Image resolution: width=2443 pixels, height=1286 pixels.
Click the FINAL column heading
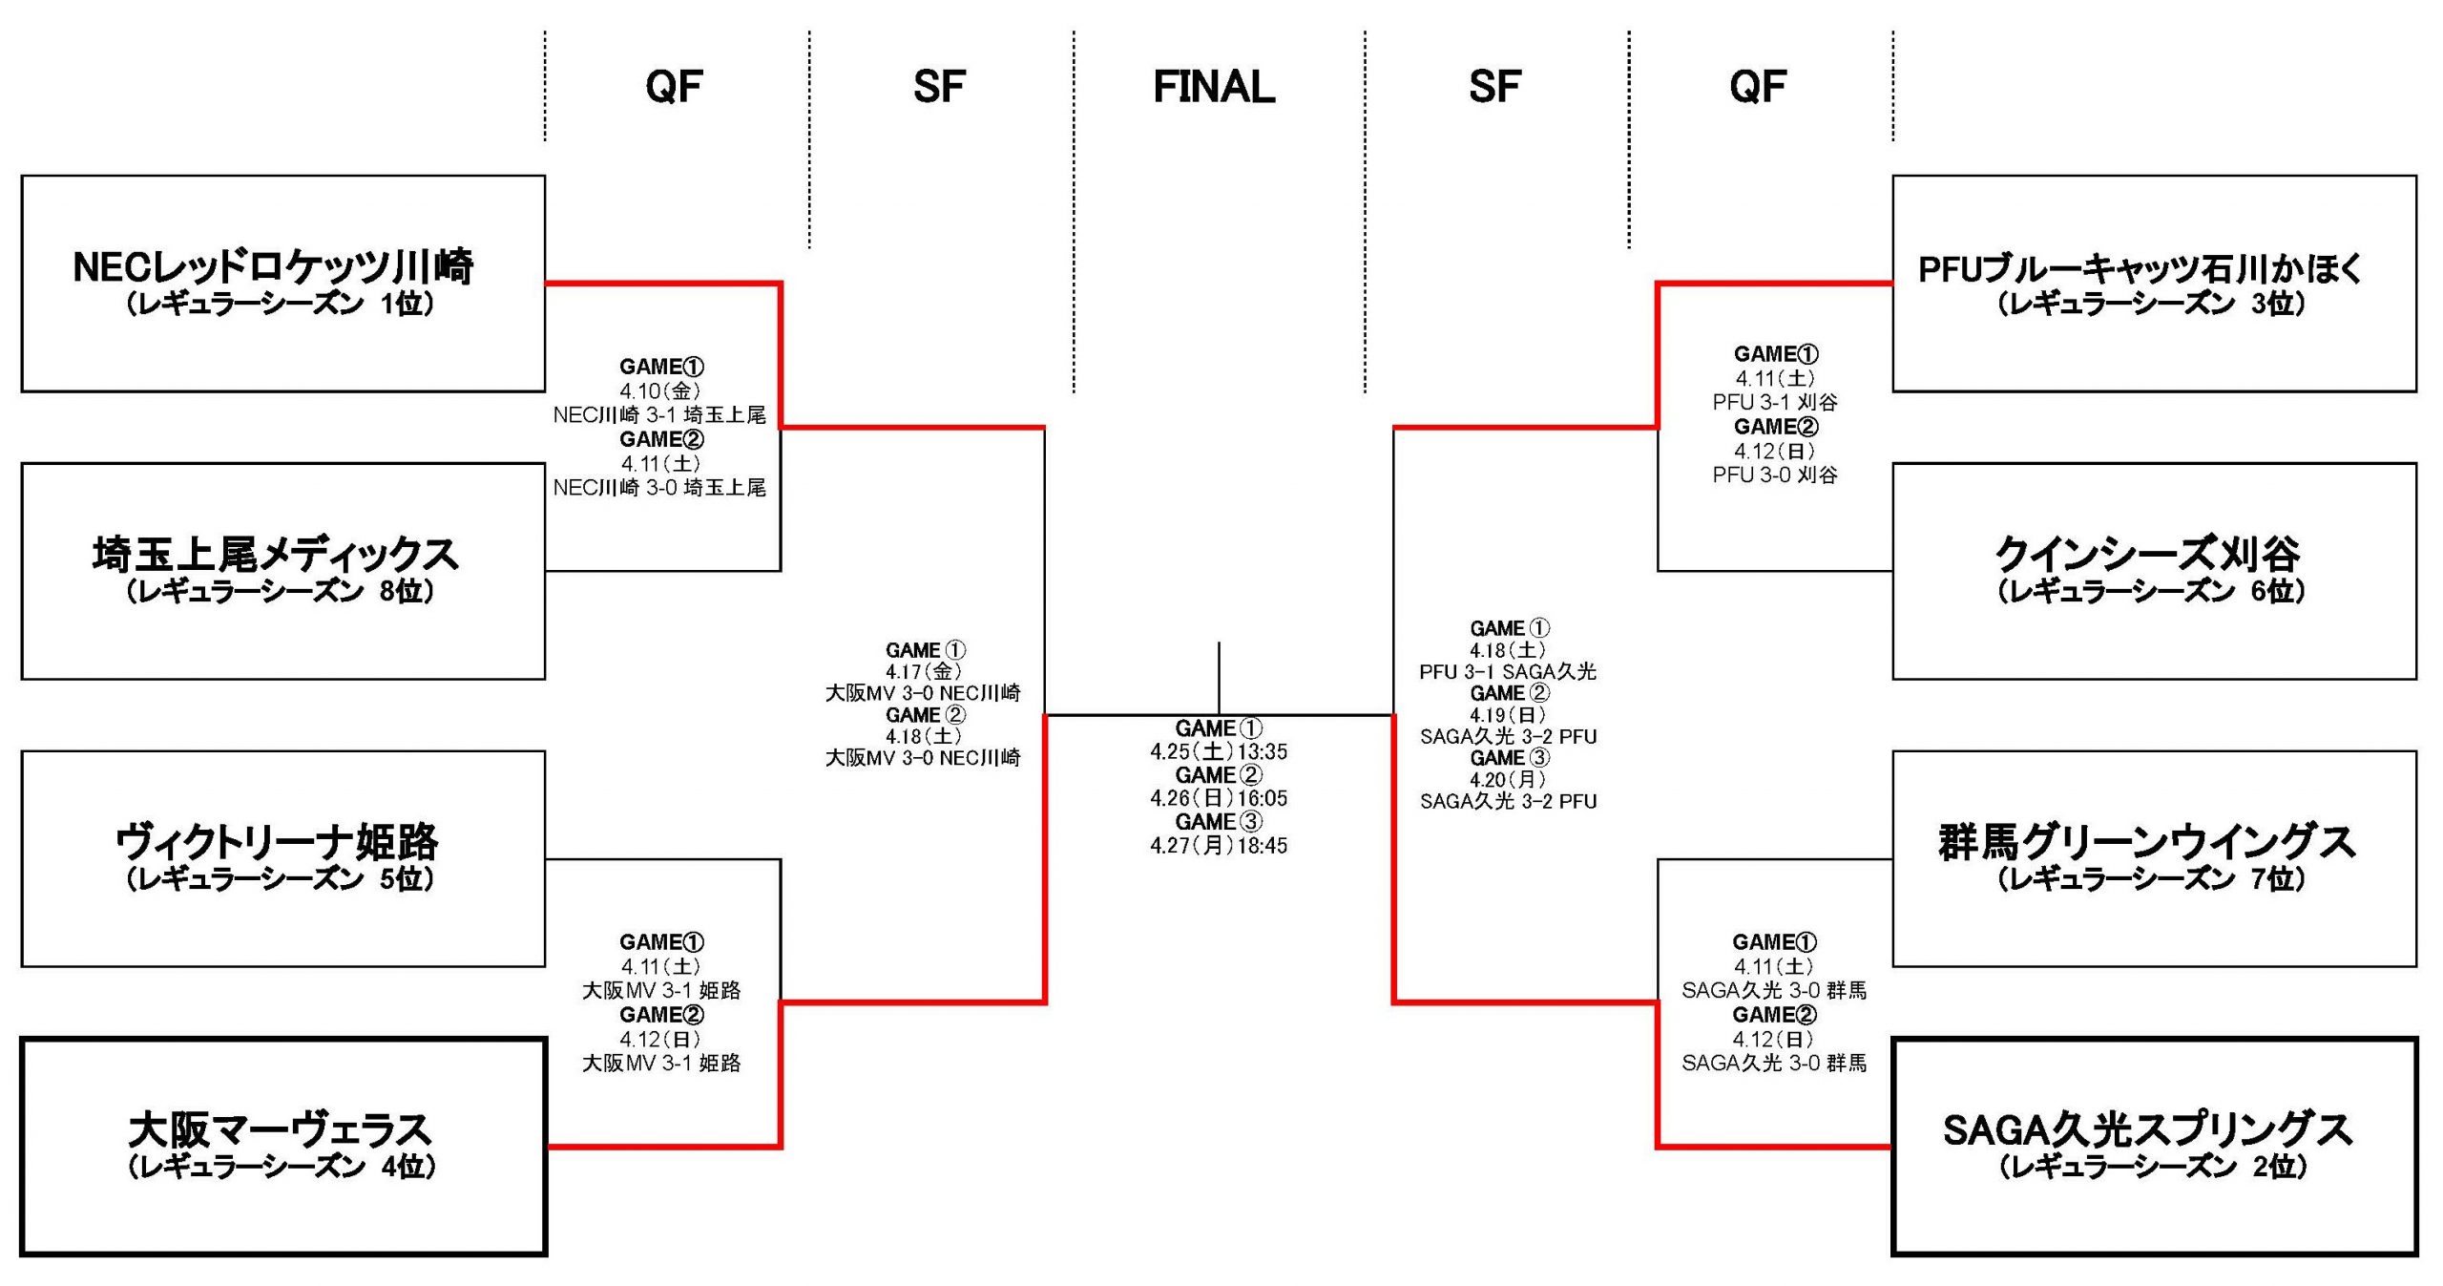coord(1214,87)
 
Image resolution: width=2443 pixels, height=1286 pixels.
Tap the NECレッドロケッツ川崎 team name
coord(273,266)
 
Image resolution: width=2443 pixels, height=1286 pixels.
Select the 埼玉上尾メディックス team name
coord(276,555)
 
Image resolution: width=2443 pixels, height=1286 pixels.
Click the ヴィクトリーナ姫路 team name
coord(277,842)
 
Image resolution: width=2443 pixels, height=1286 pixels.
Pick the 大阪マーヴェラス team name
coord(281,1129)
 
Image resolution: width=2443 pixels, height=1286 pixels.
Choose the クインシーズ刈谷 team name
coord(2147,555)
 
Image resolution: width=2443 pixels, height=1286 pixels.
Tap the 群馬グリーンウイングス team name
coord(2147,842)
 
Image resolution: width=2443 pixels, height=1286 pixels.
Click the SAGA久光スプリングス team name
coord(2147,1129)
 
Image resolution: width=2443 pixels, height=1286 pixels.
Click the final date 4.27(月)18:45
coord(1219,845)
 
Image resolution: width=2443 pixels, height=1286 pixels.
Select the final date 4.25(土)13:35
coord(1219,751)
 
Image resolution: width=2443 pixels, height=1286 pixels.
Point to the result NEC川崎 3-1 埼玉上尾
coord(659,415)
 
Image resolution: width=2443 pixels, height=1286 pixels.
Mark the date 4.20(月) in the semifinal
coord(1508,779)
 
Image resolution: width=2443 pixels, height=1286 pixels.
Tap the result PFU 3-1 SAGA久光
coord(1508,671)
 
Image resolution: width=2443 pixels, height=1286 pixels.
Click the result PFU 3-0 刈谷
coord(1775,474)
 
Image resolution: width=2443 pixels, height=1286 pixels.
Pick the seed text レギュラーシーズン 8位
coord(281,592)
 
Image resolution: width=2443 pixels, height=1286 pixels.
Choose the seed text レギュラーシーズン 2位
coord(2153,1166)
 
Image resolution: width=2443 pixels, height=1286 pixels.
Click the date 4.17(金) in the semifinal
coord(923,671)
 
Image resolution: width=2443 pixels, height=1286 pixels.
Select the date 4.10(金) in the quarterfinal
coord(660,390)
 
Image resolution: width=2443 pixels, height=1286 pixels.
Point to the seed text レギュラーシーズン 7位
coord(2151,878)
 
